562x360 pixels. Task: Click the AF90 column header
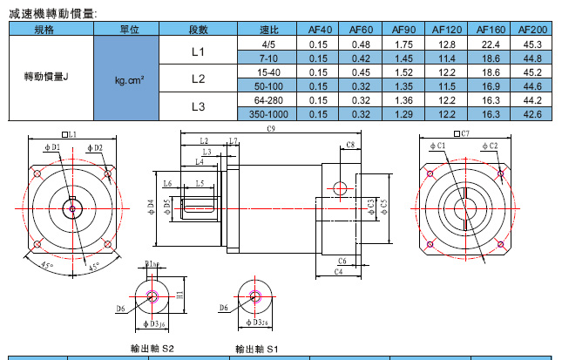click(403, 31)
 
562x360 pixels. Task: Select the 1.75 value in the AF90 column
click(403, 44)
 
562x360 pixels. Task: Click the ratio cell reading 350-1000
click(267, 113)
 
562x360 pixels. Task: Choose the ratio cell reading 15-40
click(267, 72)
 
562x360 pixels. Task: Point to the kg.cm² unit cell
click(129, 79)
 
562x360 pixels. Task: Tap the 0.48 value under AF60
click(361, 44)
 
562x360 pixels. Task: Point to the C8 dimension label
click(349, 144)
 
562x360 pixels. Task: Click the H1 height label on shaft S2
click(179, 294)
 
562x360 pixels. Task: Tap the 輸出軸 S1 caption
click(256, 349)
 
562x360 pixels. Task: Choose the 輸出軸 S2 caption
click(152, 348)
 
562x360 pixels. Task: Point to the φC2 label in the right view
click(488, 146)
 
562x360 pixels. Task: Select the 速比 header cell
click(268, 31)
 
